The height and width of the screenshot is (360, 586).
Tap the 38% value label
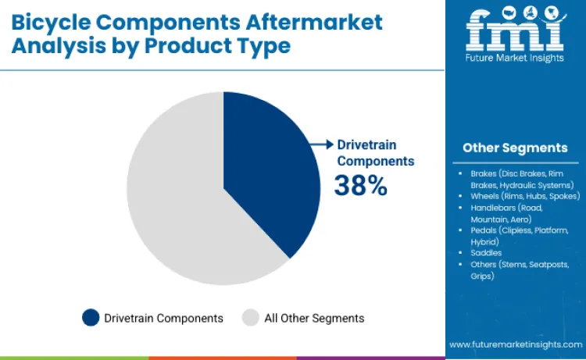tap(360, 185)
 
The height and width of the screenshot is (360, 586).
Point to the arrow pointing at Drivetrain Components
tap(321, 144)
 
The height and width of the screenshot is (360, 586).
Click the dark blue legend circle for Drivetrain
tap(91, 318)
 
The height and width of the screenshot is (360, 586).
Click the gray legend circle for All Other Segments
tap(250, 318)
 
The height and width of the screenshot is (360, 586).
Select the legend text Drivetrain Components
tap(164, 318)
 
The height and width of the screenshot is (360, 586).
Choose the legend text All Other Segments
tap(314, 318)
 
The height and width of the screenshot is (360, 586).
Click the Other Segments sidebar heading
tap(515, 148)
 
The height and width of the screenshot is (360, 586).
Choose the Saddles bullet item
tap(486, 253)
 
